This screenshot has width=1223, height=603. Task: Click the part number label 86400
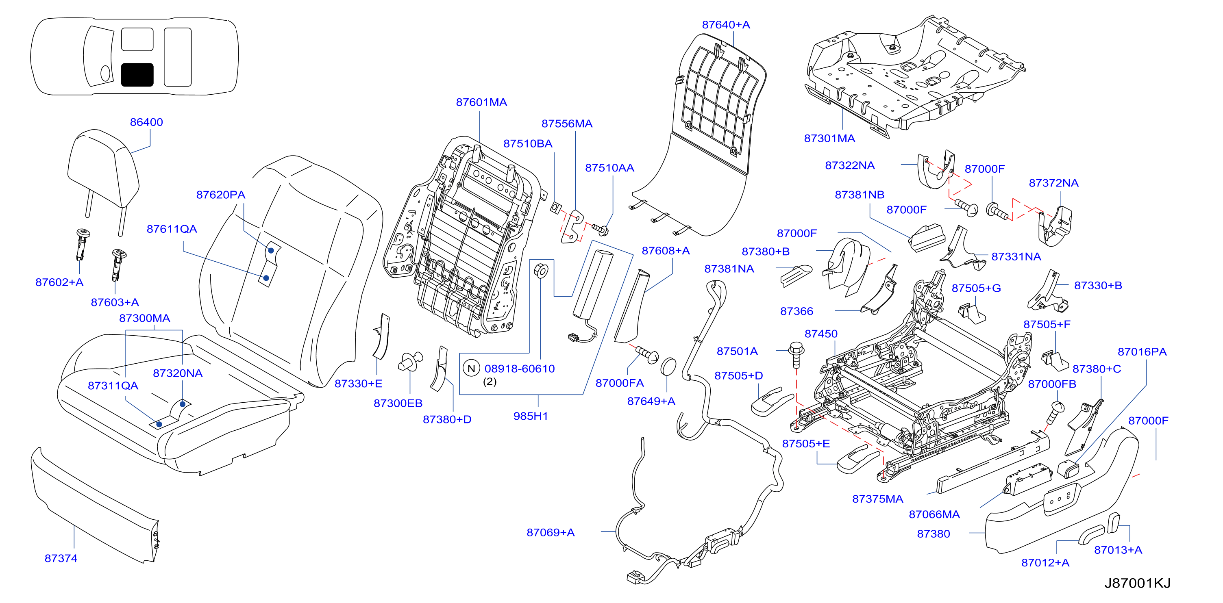tap(146, 122)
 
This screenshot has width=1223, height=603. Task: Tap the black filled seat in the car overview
tap(137, 75)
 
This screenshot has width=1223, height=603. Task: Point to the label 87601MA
tap(481, 102)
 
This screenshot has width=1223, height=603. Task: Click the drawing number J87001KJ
tap(1138, 583)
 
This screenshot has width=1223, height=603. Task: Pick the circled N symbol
tap(472, 369)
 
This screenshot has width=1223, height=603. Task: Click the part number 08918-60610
tap(519, 369)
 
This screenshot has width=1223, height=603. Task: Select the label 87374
tap(61, 558)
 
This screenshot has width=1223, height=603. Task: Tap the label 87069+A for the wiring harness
tap(551, 533)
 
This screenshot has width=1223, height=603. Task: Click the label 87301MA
tap(829, 139)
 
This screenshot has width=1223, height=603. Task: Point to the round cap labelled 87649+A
tap(668, 368)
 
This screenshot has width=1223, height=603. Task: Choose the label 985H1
tap(531, 416)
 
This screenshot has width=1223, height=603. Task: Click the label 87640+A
tap(726, 25)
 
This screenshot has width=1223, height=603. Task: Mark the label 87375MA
tap(878, 499)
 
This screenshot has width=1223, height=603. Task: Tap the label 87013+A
tap(1118, 550)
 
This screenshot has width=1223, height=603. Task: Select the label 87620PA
tap(221, 195)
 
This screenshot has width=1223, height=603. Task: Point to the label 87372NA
tap(1053, 183)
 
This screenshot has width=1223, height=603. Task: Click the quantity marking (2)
tap(490, 382)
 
